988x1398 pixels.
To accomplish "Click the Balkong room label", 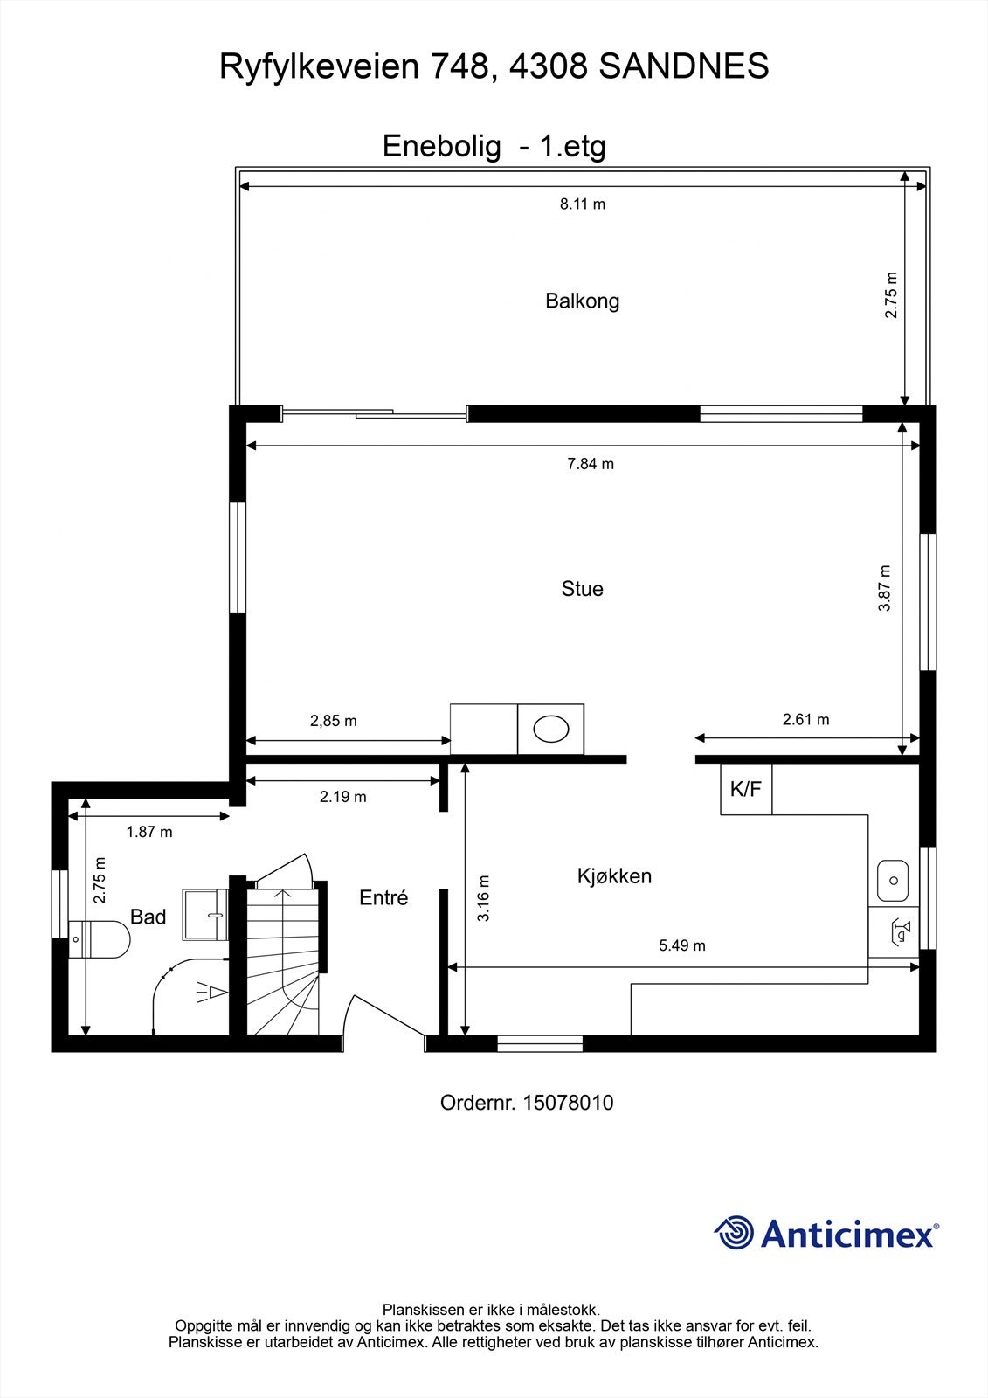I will (x=582, y=301).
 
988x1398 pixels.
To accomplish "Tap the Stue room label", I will (x=582, y=589).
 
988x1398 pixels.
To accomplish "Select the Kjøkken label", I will (x=614, y=875).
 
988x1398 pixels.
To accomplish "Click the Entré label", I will (x=383, y=897).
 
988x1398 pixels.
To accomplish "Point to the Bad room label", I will (x=148, y=917).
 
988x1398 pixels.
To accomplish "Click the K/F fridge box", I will (x=745, y=789).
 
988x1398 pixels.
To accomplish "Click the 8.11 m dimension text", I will (x=582, y=204).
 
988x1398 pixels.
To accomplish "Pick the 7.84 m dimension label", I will (x=591, y=464).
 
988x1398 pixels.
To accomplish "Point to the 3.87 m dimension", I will (x=885, y=587).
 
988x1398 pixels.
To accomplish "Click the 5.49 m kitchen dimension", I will (x=681, y=945).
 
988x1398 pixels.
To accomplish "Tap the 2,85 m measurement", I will (x=333, y=722).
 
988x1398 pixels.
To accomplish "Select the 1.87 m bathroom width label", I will (x=149, y=832).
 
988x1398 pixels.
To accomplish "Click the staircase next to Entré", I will (x=281, y=961).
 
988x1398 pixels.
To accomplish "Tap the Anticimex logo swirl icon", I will (x=734, y=1233).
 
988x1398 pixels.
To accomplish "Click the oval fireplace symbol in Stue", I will (x=550, y=729).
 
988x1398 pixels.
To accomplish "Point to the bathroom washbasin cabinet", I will (x=205, y=915).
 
